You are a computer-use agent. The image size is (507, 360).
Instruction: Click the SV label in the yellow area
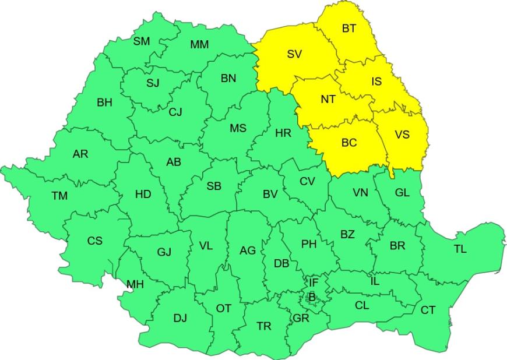[x=294, y=54]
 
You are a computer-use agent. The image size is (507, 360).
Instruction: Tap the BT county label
[x=348, y=29]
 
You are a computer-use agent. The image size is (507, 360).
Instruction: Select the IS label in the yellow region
[x=376, y=82]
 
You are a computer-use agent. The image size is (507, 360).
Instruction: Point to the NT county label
[x=328, y=99]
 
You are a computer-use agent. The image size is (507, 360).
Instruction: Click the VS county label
[x=402, y=135]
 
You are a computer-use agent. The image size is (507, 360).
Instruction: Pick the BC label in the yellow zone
[x=350, y=143]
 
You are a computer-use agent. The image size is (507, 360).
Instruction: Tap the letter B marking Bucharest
[x=312, y=297]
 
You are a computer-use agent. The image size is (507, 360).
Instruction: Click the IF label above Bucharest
[x=314, y=283]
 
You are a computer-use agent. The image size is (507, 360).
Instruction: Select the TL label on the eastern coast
[x=460, y=249]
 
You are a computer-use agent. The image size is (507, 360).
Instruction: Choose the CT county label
[x=428, y=310]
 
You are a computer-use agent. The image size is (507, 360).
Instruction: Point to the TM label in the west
[x=59, y=196]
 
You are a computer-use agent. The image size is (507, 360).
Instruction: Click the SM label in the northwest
[x=141, y=41]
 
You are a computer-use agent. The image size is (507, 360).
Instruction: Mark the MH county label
[x=135, y=284]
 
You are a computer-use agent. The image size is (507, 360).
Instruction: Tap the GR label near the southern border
[x=301, y=318]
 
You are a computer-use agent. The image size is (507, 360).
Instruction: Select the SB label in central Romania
[x=214, y=186]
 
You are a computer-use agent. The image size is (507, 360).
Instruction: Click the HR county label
[x=283, y=133]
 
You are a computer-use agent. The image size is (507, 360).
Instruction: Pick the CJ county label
[x=175, y=112]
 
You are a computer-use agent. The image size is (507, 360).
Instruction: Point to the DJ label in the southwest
[x=180, y=318]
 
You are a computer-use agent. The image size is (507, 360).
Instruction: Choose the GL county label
[x=402, y=192]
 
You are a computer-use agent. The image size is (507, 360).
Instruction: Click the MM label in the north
[x=200, y=45]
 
